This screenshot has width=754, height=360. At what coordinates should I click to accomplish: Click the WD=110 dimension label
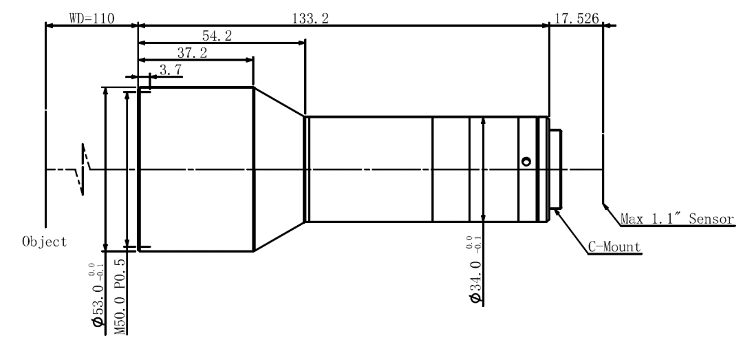(x=92, y=19)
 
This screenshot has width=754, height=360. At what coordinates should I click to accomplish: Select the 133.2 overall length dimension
(x=311, y=19)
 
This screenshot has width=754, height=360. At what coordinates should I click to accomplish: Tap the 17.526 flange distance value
(x=577, y=19)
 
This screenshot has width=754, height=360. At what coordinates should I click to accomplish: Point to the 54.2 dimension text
(x=217, y=36)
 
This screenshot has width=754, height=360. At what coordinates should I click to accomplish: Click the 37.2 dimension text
(x=192, y=53)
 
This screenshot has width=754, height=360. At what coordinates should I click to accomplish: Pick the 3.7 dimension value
(x=171, y=70)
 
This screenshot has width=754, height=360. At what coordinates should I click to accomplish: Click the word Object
(x=45, y=242)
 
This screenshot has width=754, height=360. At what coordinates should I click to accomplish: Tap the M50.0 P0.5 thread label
(x=120, y=297)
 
